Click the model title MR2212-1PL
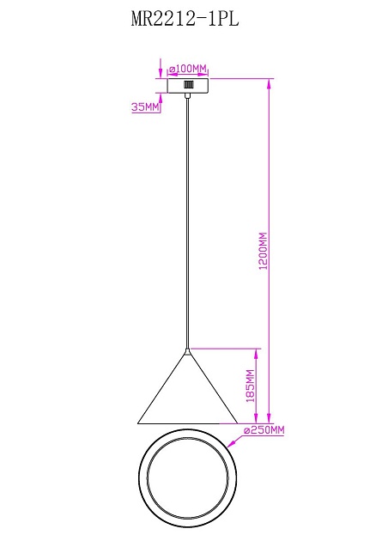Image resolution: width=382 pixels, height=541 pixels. click(x=185, y=19)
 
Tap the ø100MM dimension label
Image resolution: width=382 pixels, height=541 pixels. click(x=188, y=69)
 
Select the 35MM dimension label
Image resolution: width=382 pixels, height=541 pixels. click(x=145, y=107)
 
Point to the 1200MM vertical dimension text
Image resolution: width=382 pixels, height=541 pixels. click(x=263, y=251)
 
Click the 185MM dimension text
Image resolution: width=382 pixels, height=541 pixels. click(x=251, y=386)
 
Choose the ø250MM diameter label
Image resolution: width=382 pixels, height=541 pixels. click(x=264, y=430)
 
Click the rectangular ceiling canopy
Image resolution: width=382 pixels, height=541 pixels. click(x=188, y=86)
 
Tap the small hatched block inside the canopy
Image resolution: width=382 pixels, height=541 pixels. click(x=188, y=84)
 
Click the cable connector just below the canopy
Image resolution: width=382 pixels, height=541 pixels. click(x=187, y=95)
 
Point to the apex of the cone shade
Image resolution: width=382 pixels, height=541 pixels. click(x=187, y=350)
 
